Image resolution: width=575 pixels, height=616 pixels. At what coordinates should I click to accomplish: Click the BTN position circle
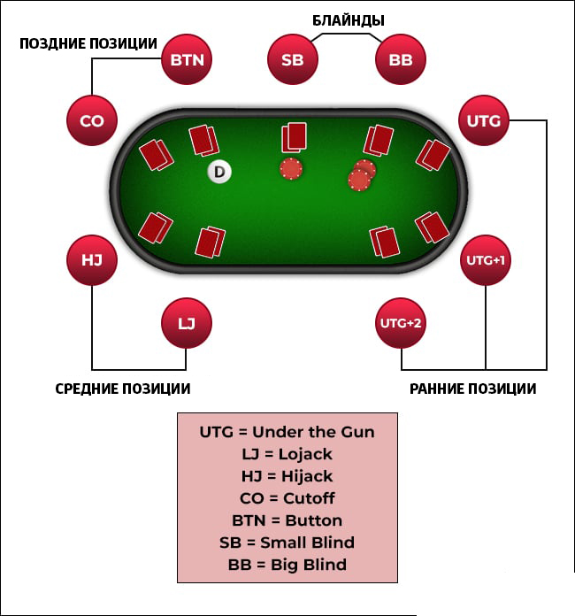(187, 60)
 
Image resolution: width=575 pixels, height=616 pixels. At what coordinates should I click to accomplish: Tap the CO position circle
(92, 120)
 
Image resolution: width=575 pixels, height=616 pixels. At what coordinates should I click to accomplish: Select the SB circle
(292, 60)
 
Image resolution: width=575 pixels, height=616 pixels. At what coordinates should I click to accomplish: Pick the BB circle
(400, 60)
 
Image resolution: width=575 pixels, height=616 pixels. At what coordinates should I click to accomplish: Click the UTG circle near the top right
(483, 120)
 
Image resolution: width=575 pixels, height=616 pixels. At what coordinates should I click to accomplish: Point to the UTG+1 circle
(485, 261)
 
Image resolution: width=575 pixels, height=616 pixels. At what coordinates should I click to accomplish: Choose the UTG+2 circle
(401, 323)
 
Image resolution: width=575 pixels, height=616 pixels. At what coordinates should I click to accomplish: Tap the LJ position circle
(187, 323)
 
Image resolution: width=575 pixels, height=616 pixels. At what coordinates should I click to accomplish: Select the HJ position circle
(92, 261)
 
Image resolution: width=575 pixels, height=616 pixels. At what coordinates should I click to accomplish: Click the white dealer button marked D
(218, 172)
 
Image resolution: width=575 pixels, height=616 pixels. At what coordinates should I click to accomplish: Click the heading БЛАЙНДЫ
(349, 19)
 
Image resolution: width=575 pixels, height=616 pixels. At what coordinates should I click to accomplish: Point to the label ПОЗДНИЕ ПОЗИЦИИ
(88, 43)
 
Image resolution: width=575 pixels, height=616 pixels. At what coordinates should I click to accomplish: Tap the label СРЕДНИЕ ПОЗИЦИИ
(123, 389)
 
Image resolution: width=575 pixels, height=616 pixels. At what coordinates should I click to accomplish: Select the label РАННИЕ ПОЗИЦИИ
(472, 389)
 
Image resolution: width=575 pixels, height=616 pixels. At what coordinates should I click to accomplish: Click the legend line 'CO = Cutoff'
(287, 498)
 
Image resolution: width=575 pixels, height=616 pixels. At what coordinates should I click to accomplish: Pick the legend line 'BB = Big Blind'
(287, 565)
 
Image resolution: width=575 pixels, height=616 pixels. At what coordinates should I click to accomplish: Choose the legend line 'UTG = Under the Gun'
(287, 432)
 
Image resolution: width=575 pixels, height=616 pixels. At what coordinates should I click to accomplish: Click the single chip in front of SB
(291, 168)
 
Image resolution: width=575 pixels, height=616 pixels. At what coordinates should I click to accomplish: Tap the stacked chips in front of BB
(361, 175)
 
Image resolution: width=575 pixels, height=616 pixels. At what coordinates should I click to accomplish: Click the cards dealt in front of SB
(295, 138)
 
